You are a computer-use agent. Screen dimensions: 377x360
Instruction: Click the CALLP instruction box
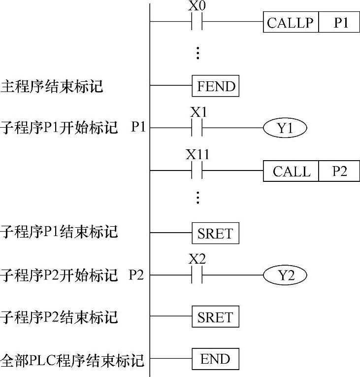(x=291, y=23)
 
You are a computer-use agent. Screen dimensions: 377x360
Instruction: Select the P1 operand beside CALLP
(x=339, y=23)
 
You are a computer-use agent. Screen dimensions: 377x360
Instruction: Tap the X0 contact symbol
(x=197, y=22)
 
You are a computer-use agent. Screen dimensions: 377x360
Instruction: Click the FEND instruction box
(x=215, y=87)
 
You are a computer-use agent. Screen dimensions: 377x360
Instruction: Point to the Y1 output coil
(x=285, y=129)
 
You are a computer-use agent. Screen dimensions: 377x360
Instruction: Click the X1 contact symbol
(x=197, y=129)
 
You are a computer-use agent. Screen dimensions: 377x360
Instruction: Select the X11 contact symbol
(x=197, y=171)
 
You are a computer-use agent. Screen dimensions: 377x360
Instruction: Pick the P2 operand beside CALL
(x=339, y=171)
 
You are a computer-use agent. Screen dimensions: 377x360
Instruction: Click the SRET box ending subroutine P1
(x=215, y=234)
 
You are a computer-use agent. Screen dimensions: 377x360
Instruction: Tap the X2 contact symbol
(x=197, y=275)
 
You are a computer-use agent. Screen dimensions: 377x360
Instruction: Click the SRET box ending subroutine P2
(x=215, y=317)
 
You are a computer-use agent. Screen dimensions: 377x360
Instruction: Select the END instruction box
(x=215, y=359)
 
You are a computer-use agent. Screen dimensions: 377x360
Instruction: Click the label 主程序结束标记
(x=52, y=87)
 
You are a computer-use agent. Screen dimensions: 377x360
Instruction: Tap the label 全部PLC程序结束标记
(x=72, y=360)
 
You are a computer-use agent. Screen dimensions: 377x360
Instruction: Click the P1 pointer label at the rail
(x=138, y=128)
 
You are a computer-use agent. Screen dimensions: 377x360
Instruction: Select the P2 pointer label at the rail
(x=136, y=275)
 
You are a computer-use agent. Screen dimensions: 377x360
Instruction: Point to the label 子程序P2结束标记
(x=59, y=317)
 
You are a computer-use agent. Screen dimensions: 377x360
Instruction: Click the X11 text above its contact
(x=197, y=155)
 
